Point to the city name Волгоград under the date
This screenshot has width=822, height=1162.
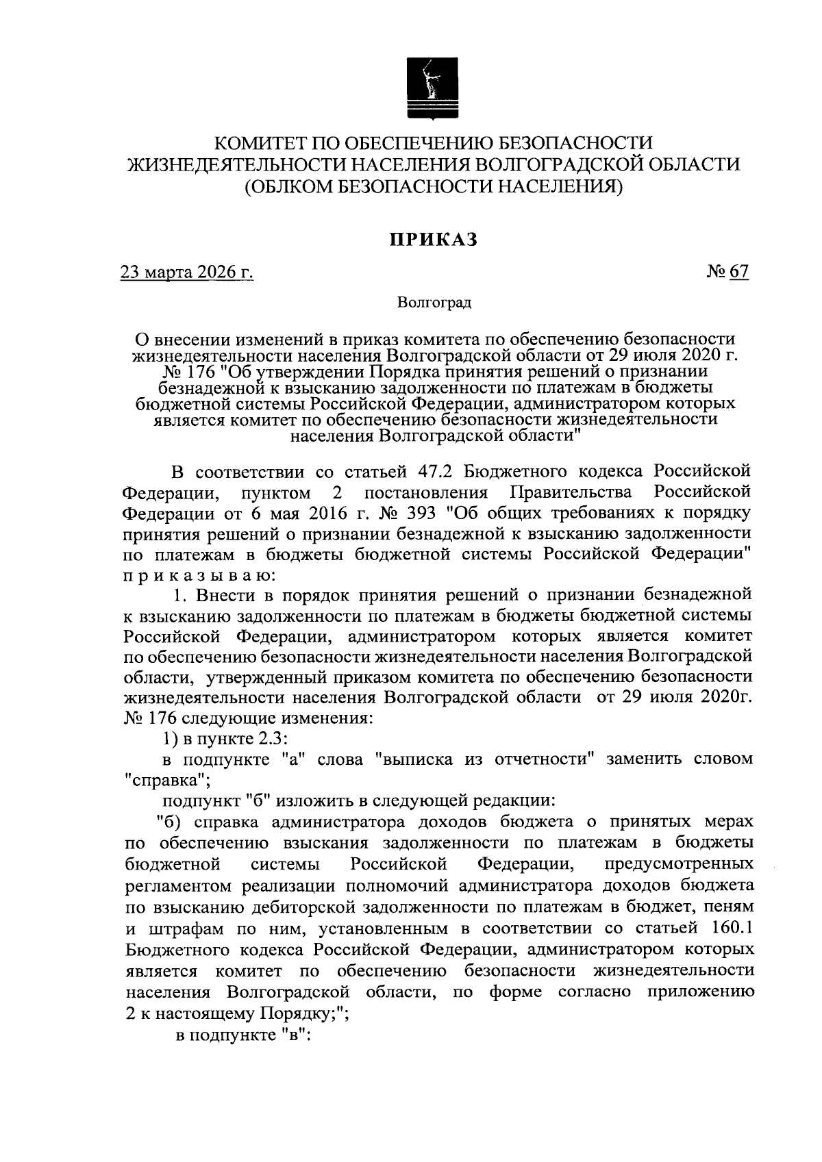[x=434, y=302]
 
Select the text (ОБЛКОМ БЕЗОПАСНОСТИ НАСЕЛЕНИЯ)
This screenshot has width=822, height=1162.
[x=434, y=186]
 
